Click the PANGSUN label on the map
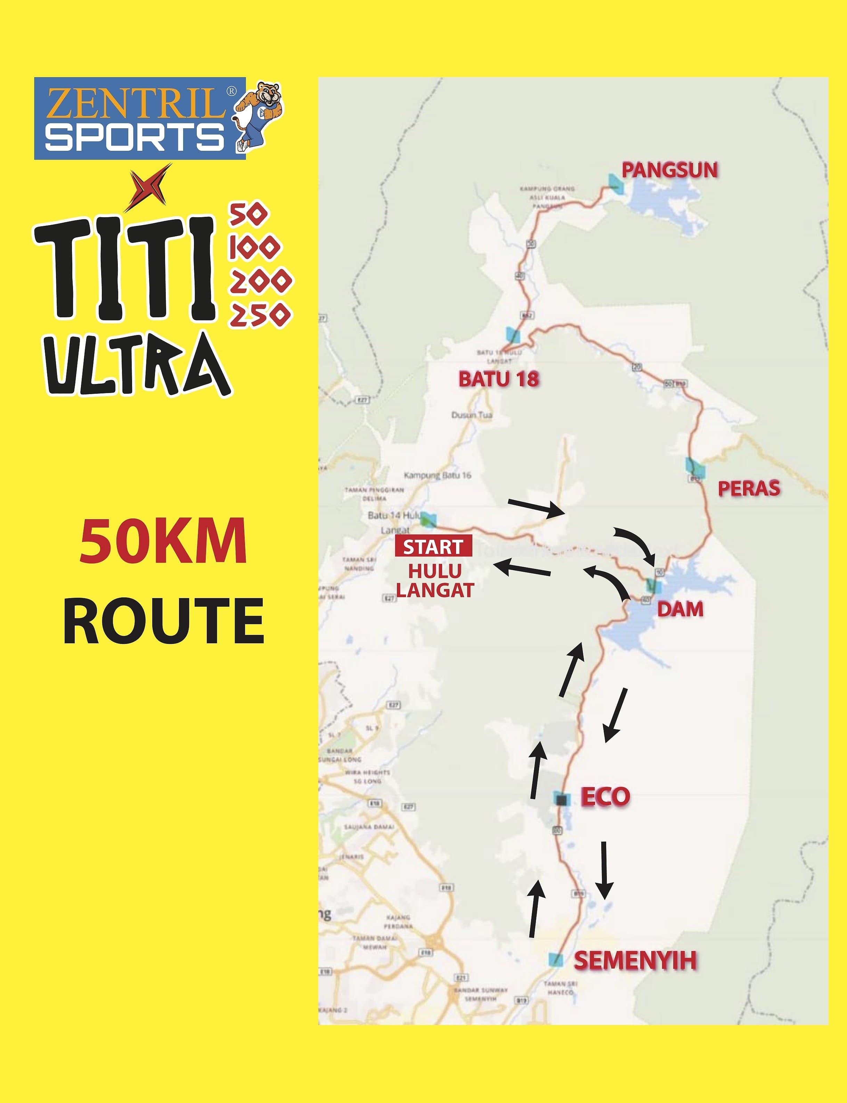tap(669, 170)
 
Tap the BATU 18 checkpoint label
tap(498, 379)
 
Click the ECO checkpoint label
tap(605, 797)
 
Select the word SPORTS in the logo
tap(135, 137)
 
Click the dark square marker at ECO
tap(562, 799)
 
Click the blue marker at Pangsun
tap(615, 183)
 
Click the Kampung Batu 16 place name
tap(437, 475)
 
